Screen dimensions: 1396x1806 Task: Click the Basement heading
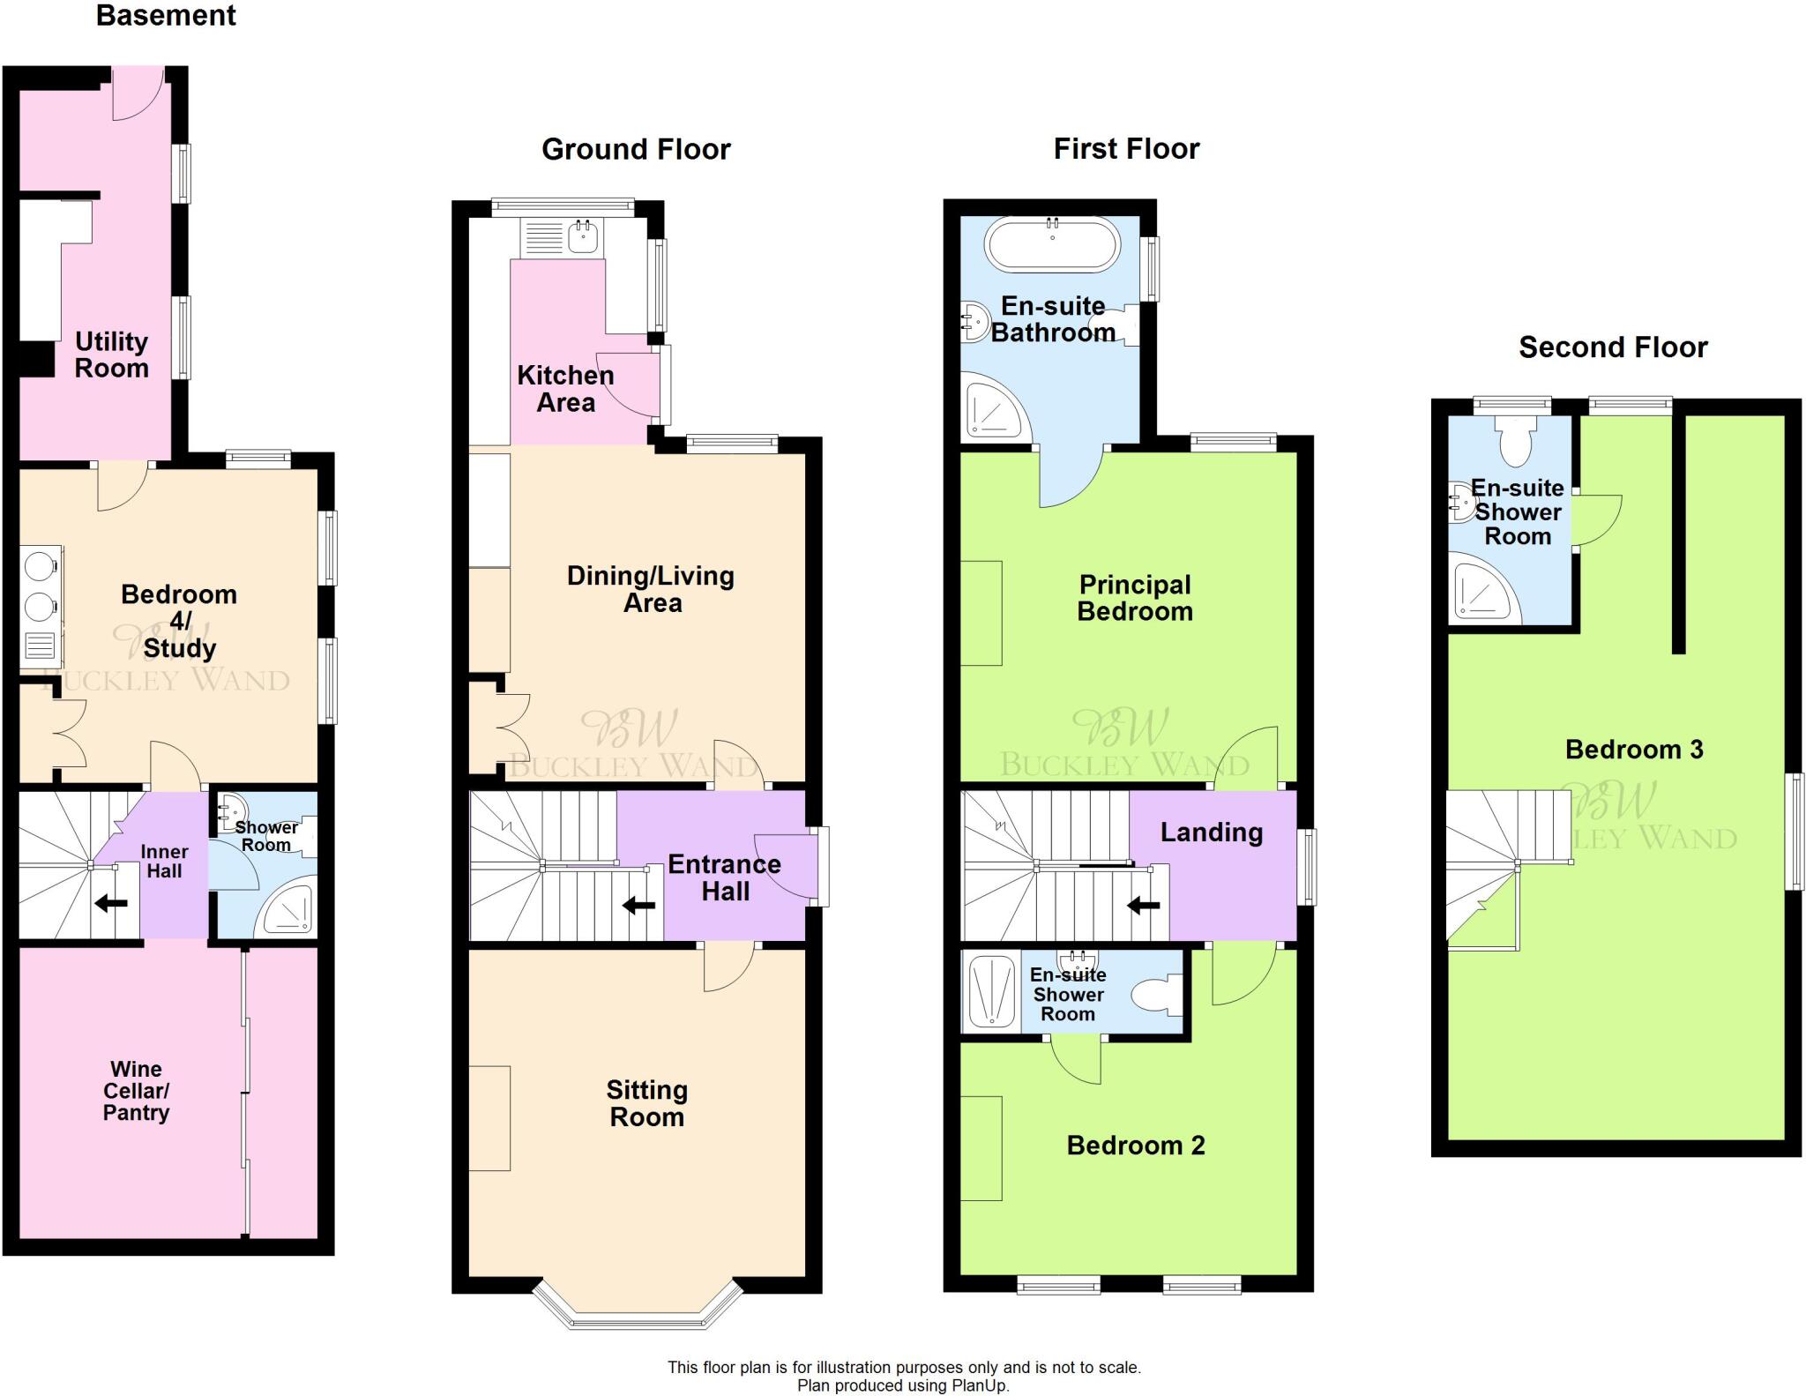pyautogui.click(x=166, y=16)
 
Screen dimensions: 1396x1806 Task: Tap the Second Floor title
pyautogui.click(x=1612, y=347)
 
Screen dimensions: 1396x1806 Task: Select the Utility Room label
pyautogui.click(x=111, y=355)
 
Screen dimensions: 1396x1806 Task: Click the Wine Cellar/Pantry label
pyautogui.click(x=136, y=1091)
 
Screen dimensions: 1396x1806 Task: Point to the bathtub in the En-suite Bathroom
pyautogui.click(x=1051, y=244)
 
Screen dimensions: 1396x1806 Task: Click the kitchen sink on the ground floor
pyautogui.click(x=583, y=236)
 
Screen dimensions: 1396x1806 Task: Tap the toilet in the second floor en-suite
pyautogui.click(x=1516, y=442)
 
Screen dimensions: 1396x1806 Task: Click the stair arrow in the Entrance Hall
pyautogui.click(x=639, y=905)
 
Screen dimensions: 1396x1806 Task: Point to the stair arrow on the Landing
pyautogui.click(x=1144, y=905)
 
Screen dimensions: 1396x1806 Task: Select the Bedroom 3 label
pyautogui.click(x=1633, y=750)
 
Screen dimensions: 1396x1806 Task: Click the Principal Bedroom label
pyautogui.click(x=1135, y=598)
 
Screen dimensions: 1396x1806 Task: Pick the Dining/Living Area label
pyautogui.click(x=651, y=589)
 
